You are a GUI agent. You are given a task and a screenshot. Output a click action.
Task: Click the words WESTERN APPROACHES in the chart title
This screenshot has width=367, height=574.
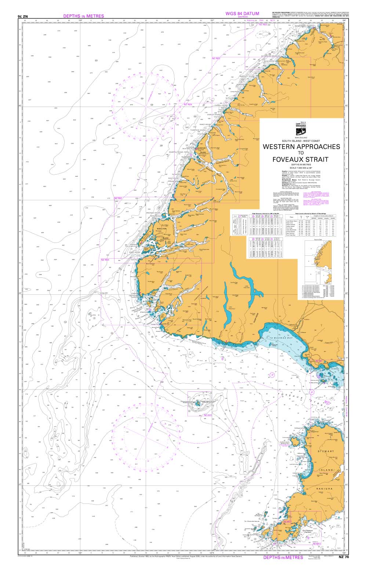tap(301, 146)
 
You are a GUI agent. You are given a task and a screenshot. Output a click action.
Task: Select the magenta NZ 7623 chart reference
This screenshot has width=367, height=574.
tap(216, 59)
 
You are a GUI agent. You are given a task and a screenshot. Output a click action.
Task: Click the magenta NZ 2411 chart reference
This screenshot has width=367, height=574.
tap(207, 415)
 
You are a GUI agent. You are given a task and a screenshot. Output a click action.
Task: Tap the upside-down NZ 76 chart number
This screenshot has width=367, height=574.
tap(23, 17)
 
